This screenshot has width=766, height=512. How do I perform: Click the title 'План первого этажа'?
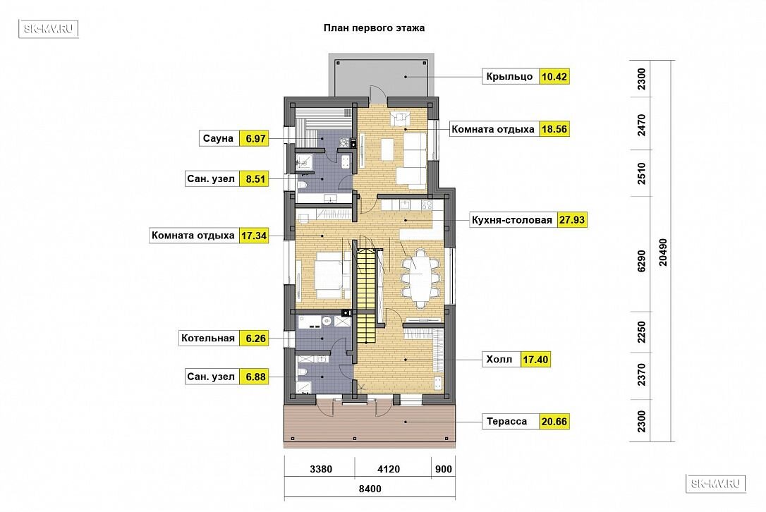click(374, 28)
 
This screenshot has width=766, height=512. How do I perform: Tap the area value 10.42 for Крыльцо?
click(554, 76)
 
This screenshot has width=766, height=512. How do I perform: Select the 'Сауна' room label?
click(218, 139)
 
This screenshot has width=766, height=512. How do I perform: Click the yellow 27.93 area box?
click(572, 220)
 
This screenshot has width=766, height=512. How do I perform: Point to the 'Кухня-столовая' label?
click(512, 220)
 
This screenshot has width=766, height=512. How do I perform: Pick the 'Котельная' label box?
click(207, 339)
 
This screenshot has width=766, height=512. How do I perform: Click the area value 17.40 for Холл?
click(535, 360)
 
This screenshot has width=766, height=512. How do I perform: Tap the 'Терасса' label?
click(506, 422)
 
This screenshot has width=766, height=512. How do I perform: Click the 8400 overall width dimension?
click(369, 488)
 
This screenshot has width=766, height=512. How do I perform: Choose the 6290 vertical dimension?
click(640, 260)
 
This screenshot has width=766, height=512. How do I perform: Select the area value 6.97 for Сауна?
click(255, 139)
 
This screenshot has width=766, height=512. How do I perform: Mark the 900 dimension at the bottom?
click(442, 468)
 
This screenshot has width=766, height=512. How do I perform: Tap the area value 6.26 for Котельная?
click(254, 339)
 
